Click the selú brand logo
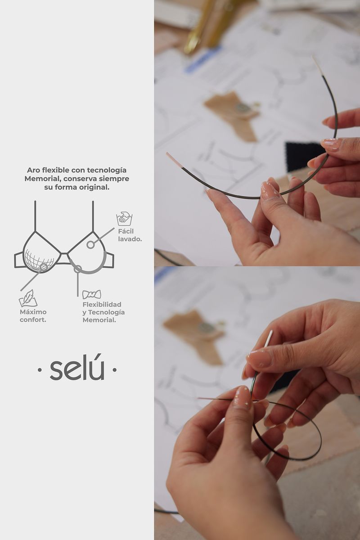77,368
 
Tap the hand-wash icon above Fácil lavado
124,218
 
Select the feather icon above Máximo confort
28,298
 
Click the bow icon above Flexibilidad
92,294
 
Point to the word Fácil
126,231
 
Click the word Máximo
33,312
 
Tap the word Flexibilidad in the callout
102,305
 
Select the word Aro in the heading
33,170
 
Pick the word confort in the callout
33,320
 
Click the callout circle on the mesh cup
44,267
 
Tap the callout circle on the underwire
77,269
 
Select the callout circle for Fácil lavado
90,245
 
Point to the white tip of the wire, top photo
318,66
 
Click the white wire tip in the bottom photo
268,338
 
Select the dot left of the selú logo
39,369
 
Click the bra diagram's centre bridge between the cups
64,258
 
